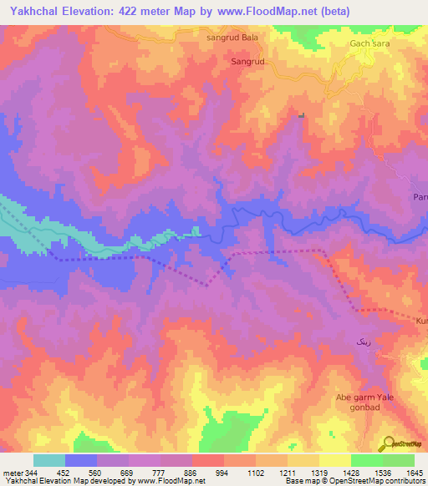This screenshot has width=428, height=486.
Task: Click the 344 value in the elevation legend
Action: pyautogui.click(x=28, y=473)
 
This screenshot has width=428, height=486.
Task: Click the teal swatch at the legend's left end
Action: pyautogui.click(x=49, y=460)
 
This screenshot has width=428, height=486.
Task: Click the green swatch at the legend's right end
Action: pyautogui.click(x=399, y=460)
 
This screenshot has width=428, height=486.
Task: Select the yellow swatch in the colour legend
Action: pyautogui.click(x=335, y=460)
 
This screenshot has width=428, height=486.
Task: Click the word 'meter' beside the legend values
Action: pyautogui.click(x=12, y=473)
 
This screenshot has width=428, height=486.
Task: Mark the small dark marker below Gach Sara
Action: pyautogui.click(x=302, y=115)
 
